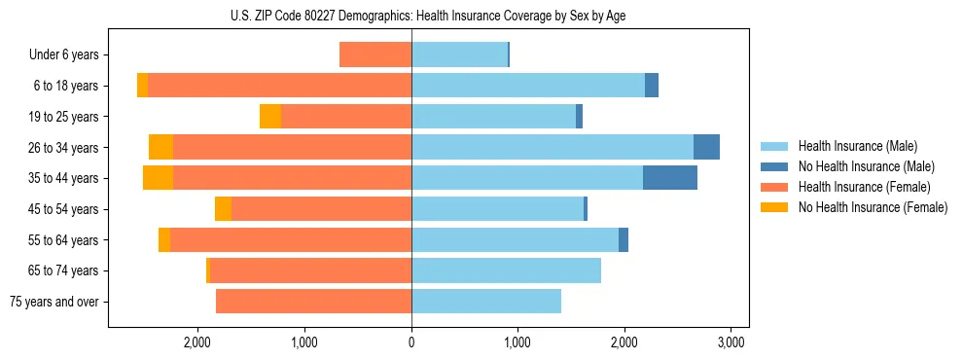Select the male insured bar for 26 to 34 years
pos(552,147)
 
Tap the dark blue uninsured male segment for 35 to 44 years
pos(670,178)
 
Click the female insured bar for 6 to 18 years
pos(279,86)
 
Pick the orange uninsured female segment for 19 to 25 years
pos(270,117)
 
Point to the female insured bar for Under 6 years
pos(375,54)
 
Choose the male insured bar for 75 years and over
pos(486,302)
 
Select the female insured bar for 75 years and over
pos(313,302)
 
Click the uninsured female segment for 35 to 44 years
pos(158,178)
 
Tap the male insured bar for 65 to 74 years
pos(506,270)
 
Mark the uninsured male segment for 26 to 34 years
pos(706,147)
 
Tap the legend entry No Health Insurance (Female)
pos(873,207)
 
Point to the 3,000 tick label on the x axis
pos(731,342)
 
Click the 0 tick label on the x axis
pos(411,342)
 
